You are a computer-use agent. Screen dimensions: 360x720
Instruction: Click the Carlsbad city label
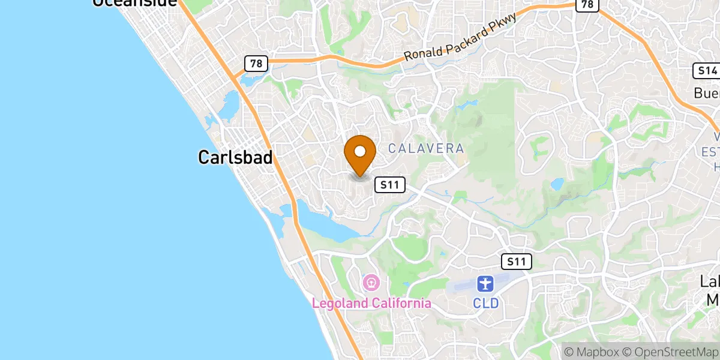click(x=235, y=157)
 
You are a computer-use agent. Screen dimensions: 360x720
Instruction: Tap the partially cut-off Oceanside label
click(x=134, y=3)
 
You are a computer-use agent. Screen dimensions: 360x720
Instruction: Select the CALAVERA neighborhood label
click(x=425, y=148)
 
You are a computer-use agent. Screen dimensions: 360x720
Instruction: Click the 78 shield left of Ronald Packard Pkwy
click(x=256, y=64)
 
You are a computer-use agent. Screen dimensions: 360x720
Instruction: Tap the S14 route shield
click(x=706, y=71)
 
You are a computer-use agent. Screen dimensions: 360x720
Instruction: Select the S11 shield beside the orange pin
click(x=390, y=185)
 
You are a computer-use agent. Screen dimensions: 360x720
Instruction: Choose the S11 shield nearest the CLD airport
click(x=516, y=261)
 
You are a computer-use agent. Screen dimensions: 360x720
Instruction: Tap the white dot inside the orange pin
click(x=360, y=151)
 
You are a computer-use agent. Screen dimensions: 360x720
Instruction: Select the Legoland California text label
click(x=371, y=303)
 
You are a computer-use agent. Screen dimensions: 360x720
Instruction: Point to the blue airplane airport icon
click(x=485, y=283)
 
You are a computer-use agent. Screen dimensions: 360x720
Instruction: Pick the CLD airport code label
click(x=485, y=303)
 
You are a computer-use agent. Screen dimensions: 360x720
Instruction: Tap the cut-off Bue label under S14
click(x=707, y=93)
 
